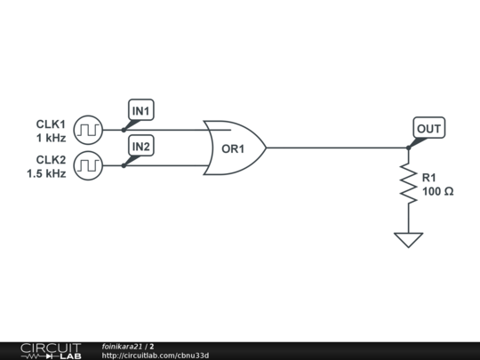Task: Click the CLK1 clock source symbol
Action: click(x=87, y=130)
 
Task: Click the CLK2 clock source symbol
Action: click(x=87, y=165)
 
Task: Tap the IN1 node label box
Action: click(x=141, y=110)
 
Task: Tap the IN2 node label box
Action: click(x=141, y=145)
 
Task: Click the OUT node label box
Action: click(x=428, y=129)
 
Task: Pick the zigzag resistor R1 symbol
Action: click(x=408, y=183)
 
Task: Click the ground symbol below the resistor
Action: click(x=408, y=239)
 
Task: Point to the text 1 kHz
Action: click(x=51, y=139)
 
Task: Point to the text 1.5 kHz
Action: click(x=46, y=174)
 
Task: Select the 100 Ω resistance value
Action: click(x=437, y=191)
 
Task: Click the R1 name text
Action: click(x=429, y=178)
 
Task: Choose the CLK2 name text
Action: click(x=50, y=160)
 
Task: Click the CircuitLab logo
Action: click(x=51, y=350)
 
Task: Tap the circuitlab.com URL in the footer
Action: click(x=156, y=356)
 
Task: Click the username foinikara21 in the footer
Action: click(x=124, y=346)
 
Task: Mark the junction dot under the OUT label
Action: click(x=408, y=148)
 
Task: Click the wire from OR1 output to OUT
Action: click(x=338, y=148)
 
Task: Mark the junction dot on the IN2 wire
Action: click(x=124, y=165)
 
